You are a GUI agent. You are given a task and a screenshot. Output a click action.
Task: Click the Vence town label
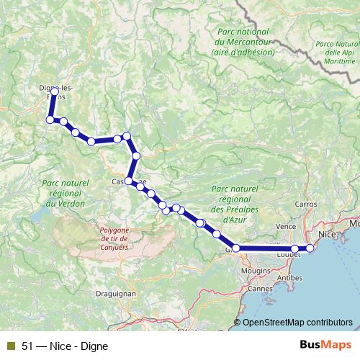[x=287, y=226]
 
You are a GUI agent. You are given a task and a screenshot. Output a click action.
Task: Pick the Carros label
[x=305, y=204]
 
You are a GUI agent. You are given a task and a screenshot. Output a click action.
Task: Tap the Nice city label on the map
[x=327, y=235]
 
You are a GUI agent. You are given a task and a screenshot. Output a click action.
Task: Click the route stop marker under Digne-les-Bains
[x=55, y=91]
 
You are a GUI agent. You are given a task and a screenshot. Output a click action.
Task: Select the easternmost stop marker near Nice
[x=310, y=248]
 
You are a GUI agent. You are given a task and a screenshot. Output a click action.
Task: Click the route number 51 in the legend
[x=28, y=345]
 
